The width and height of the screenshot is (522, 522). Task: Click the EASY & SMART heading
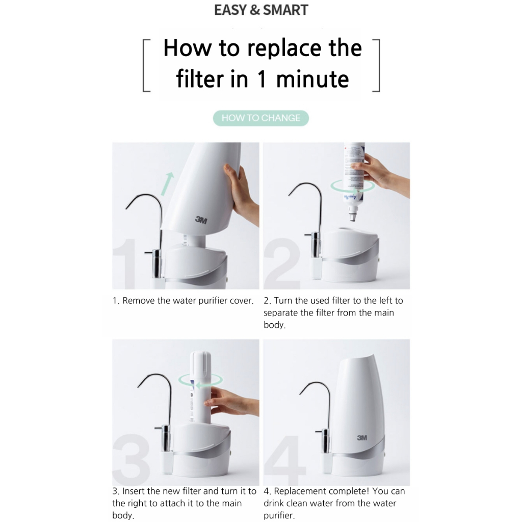pos(261,10)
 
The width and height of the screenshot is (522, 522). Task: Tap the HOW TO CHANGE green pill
pos(261,118)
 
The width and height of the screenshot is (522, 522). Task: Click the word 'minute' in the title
pos(312,79)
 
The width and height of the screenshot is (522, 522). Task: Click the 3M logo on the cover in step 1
pos(201,220)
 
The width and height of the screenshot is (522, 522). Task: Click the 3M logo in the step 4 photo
pos(362,437)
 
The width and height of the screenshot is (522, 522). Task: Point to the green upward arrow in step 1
pos(167,184)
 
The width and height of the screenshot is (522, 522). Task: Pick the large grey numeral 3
pos(131,460)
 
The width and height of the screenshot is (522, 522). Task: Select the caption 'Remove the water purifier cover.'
pos(188,301)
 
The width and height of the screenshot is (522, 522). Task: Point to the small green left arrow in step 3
pos(203,385)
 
